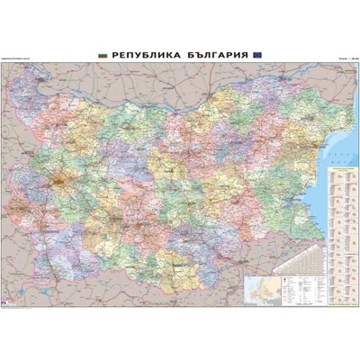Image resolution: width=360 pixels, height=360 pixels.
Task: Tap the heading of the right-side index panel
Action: (341, 169)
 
